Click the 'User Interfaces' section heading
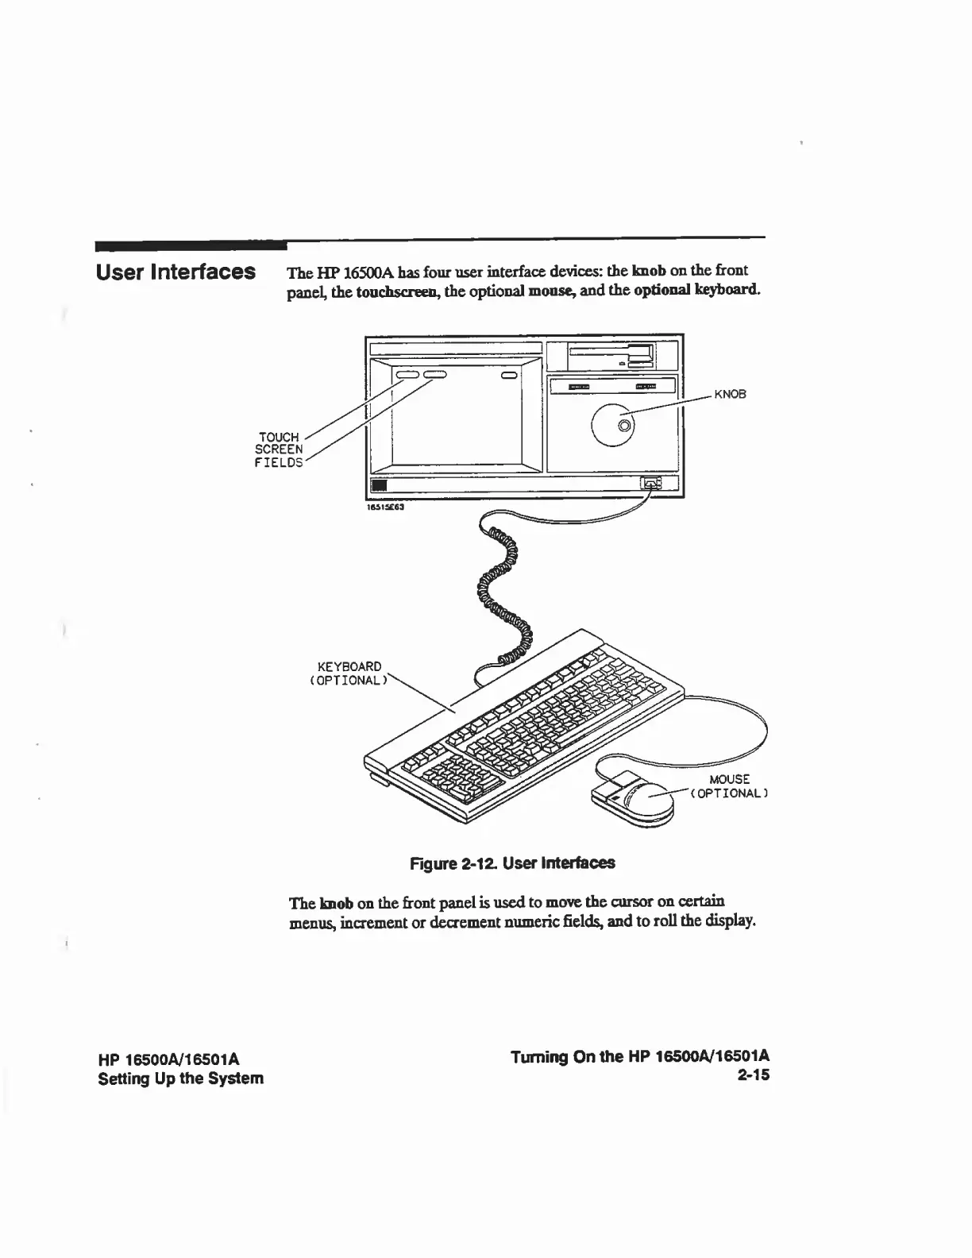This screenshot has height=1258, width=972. tap(175, 272)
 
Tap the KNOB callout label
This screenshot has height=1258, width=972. tap(730, 394)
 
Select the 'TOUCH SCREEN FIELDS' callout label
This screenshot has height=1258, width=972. tap(279, 450)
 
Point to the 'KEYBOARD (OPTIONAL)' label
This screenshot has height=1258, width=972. tap(349, 673)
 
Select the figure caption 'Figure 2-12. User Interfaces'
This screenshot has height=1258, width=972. tap(511, 862)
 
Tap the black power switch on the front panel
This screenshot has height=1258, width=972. tap(380, 485)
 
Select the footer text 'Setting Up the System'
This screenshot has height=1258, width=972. tap(180, 1079)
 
